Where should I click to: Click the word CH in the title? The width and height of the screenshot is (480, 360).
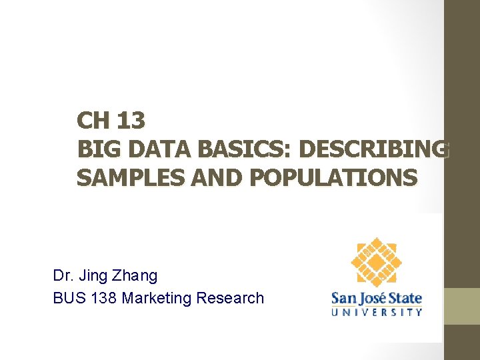click(92, 121)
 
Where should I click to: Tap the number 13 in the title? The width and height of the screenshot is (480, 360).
click(130, 121)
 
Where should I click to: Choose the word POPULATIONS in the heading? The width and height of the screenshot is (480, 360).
click(328, 178)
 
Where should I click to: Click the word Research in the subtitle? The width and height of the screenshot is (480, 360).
click(230, 298)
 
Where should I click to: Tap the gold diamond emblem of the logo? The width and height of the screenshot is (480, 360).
click(377, 262)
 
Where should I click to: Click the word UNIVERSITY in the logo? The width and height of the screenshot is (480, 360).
click(377, 311)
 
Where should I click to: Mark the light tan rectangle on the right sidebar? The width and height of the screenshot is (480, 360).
click(462, 306)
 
